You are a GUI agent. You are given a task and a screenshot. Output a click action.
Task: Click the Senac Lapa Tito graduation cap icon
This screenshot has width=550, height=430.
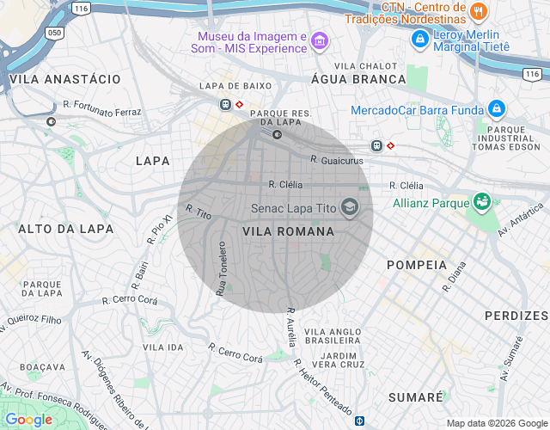[350, 207]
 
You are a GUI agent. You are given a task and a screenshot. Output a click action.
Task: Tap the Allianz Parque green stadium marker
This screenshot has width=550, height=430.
[482, 203]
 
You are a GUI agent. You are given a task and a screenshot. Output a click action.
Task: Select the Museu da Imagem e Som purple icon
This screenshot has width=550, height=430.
[320, 42]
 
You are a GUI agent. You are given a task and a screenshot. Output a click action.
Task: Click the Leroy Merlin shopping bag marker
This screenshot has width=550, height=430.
[419, 39]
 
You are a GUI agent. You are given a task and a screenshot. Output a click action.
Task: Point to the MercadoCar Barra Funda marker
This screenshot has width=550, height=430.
[496, 109]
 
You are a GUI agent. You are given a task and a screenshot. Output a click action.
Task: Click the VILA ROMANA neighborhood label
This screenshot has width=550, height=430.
[288, 231]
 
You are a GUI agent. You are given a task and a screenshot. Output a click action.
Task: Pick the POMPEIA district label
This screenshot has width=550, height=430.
[417, 264]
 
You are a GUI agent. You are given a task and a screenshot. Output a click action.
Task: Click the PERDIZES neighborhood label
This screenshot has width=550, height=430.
[516, 316]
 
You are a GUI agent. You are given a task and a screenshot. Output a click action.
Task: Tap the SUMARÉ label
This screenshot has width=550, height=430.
[415, 396]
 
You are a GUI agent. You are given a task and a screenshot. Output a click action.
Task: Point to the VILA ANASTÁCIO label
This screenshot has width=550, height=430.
[65, 78]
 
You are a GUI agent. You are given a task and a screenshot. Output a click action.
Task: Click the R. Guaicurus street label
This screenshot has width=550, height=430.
[337, 160]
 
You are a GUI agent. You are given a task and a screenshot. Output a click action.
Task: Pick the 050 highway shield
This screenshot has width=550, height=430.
[55, 32]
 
